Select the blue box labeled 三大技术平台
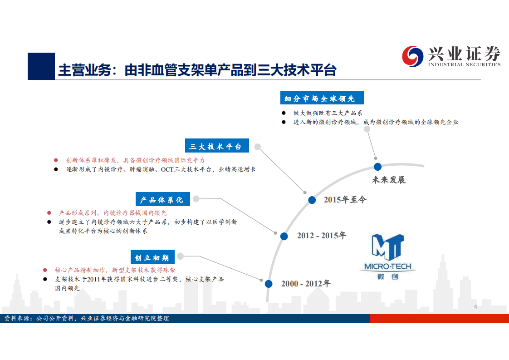pos(216,146)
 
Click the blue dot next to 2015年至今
pos(312,200)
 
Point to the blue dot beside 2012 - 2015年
pos(284,236)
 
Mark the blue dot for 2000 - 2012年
pos(269,284)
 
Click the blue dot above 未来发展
pos(377,167)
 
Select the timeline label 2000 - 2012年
pos(306,284)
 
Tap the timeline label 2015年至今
pos(345,200)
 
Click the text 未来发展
pos(389,180)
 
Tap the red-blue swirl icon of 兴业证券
pos(412,56)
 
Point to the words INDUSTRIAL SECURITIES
pos(464,64)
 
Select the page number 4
pos(475,307)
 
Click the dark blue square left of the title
pos(41,66)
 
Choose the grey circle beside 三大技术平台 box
pos(258,146)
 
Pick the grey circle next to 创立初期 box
pos(180,256)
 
